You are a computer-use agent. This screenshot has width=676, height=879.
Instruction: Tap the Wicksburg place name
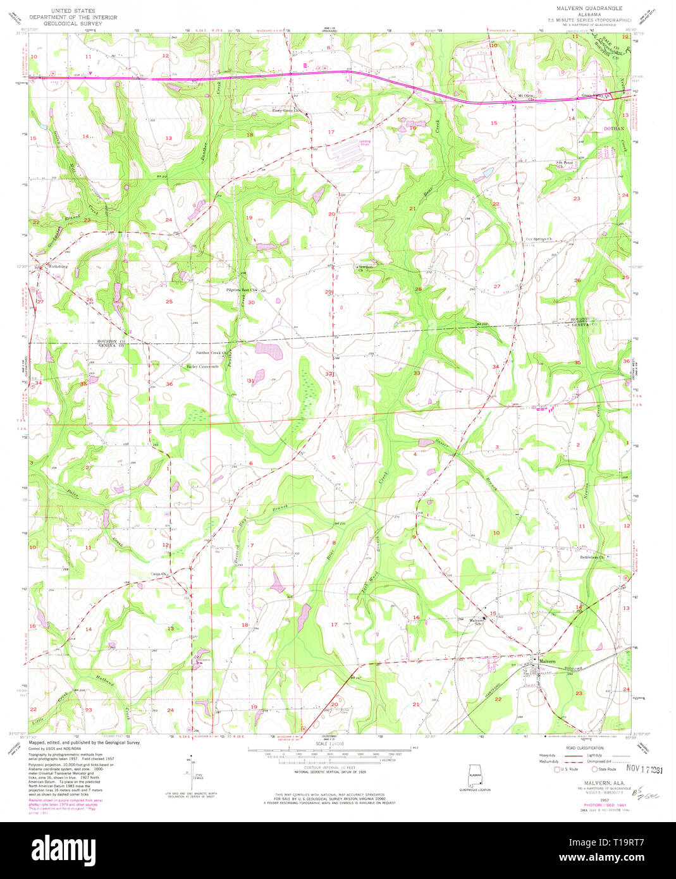(58, 267)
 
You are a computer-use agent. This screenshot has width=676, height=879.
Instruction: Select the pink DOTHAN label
(613, 128)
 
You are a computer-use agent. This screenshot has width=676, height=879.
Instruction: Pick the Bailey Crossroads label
(202, 366)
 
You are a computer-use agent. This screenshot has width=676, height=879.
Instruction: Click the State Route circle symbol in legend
(595, 770)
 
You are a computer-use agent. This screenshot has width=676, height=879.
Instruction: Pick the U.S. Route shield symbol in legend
(556, 770)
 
